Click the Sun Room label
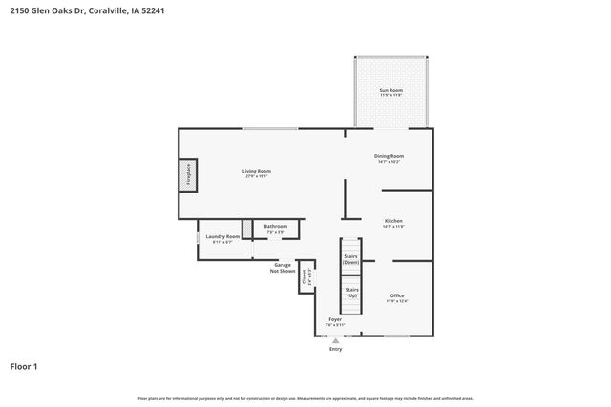391,91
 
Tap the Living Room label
257,171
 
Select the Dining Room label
389,156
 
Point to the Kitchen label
393,220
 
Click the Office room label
397,295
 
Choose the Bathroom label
276,226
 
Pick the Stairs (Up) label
351,292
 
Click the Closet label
305,277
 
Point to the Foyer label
335,319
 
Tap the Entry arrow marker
335,339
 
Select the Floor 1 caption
24,366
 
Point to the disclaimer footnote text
305,398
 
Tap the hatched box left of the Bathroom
247,229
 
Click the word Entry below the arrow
335,349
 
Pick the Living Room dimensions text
257,176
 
